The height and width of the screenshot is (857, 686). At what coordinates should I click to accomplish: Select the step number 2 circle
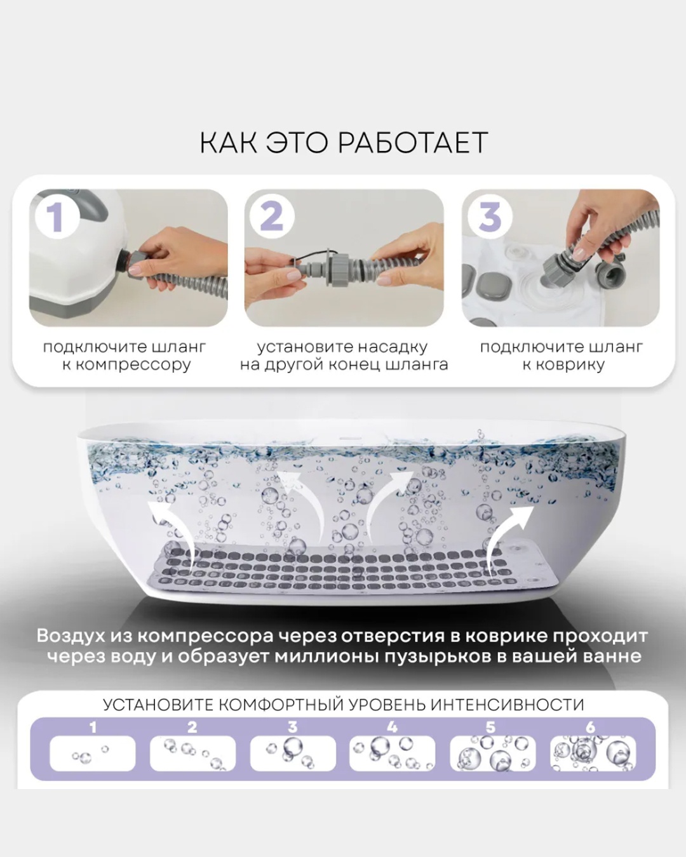click(x=272, y=218)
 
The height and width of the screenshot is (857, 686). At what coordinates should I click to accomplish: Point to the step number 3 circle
click(x=490, y=218)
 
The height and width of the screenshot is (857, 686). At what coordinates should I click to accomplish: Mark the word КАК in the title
click(x=229, y=143)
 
